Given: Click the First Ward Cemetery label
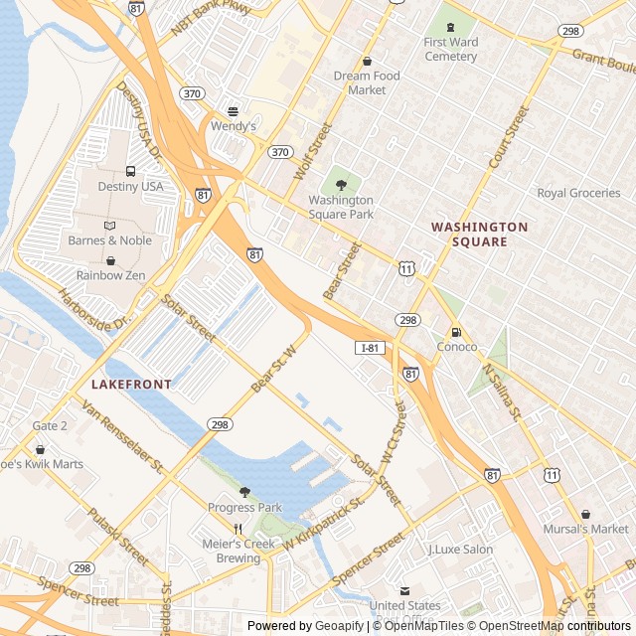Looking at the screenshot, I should pyautogui.click(x=450, y=49).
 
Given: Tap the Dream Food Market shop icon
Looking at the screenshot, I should pyautogui.click(x=367, y=62).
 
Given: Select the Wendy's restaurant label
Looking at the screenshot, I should pyautogui.click(x=233, y=126).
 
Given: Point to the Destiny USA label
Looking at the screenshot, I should pyautogui.click(x=130, y=186).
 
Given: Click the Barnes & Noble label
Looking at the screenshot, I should pyautogui.click(x=109, y=239).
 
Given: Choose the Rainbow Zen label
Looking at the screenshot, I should pyautogui.click(x=111, y=274).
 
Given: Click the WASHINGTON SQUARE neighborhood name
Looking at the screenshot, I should pyautogui.click(x=479, y=234).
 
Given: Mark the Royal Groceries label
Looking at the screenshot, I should pyautogui.click(x=578, y=193).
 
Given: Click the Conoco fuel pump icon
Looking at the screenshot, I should pyautogui.click(x=456, y=332).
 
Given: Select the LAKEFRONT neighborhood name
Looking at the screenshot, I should pyautogui.click(x=131, y=384).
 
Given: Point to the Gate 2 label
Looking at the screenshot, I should pyautogui.click(x=50, y=425).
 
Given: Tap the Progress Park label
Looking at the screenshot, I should pyautogui.click(x=244, y=508).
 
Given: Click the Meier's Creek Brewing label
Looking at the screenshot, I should pyautogui.click(x=238, y=551).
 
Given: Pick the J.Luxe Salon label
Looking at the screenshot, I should pyautogui.click(x=460, y=549).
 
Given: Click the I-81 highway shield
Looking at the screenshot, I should pyautogui.click(x=371, y=348).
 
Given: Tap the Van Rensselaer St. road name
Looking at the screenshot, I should pyautogui.click(x=122, y=436).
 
